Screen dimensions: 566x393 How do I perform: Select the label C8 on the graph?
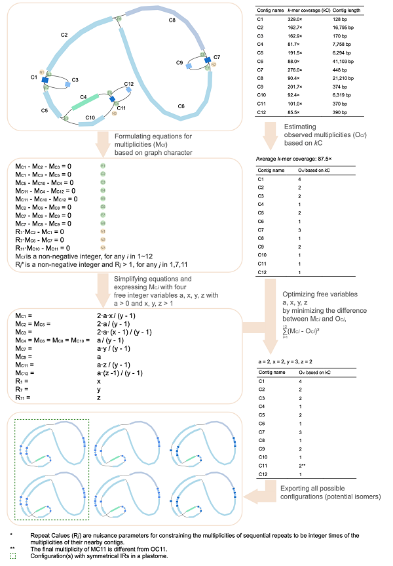tap(172, 21)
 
